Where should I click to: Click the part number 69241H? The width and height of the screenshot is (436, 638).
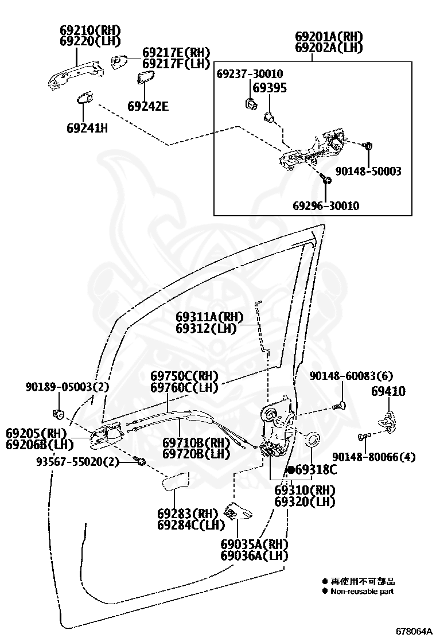tap(87, 128)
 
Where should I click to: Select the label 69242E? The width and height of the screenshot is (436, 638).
tap(147, 106)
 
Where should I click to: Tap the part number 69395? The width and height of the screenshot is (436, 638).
tap(270, 88)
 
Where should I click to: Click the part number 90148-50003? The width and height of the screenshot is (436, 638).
tap(368, 171)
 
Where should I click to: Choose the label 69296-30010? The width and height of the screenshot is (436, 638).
tap(326, 205)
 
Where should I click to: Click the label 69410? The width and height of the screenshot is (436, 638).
tap(388, 391)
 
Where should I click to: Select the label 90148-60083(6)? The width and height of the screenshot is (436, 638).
tap(351, 376)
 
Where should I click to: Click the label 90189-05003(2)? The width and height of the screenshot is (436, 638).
tap(67, 387)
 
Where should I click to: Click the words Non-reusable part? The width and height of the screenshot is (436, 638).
tap(362, 592)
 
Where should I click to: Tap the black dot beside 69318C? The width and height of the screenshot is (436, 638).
tap(291, 470)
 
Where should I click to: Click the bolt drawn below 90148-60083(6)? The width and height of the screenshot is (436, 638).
tap(338, 407)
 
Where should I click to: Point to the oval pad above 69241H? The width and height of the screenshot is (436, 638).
tap(85, 98)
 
